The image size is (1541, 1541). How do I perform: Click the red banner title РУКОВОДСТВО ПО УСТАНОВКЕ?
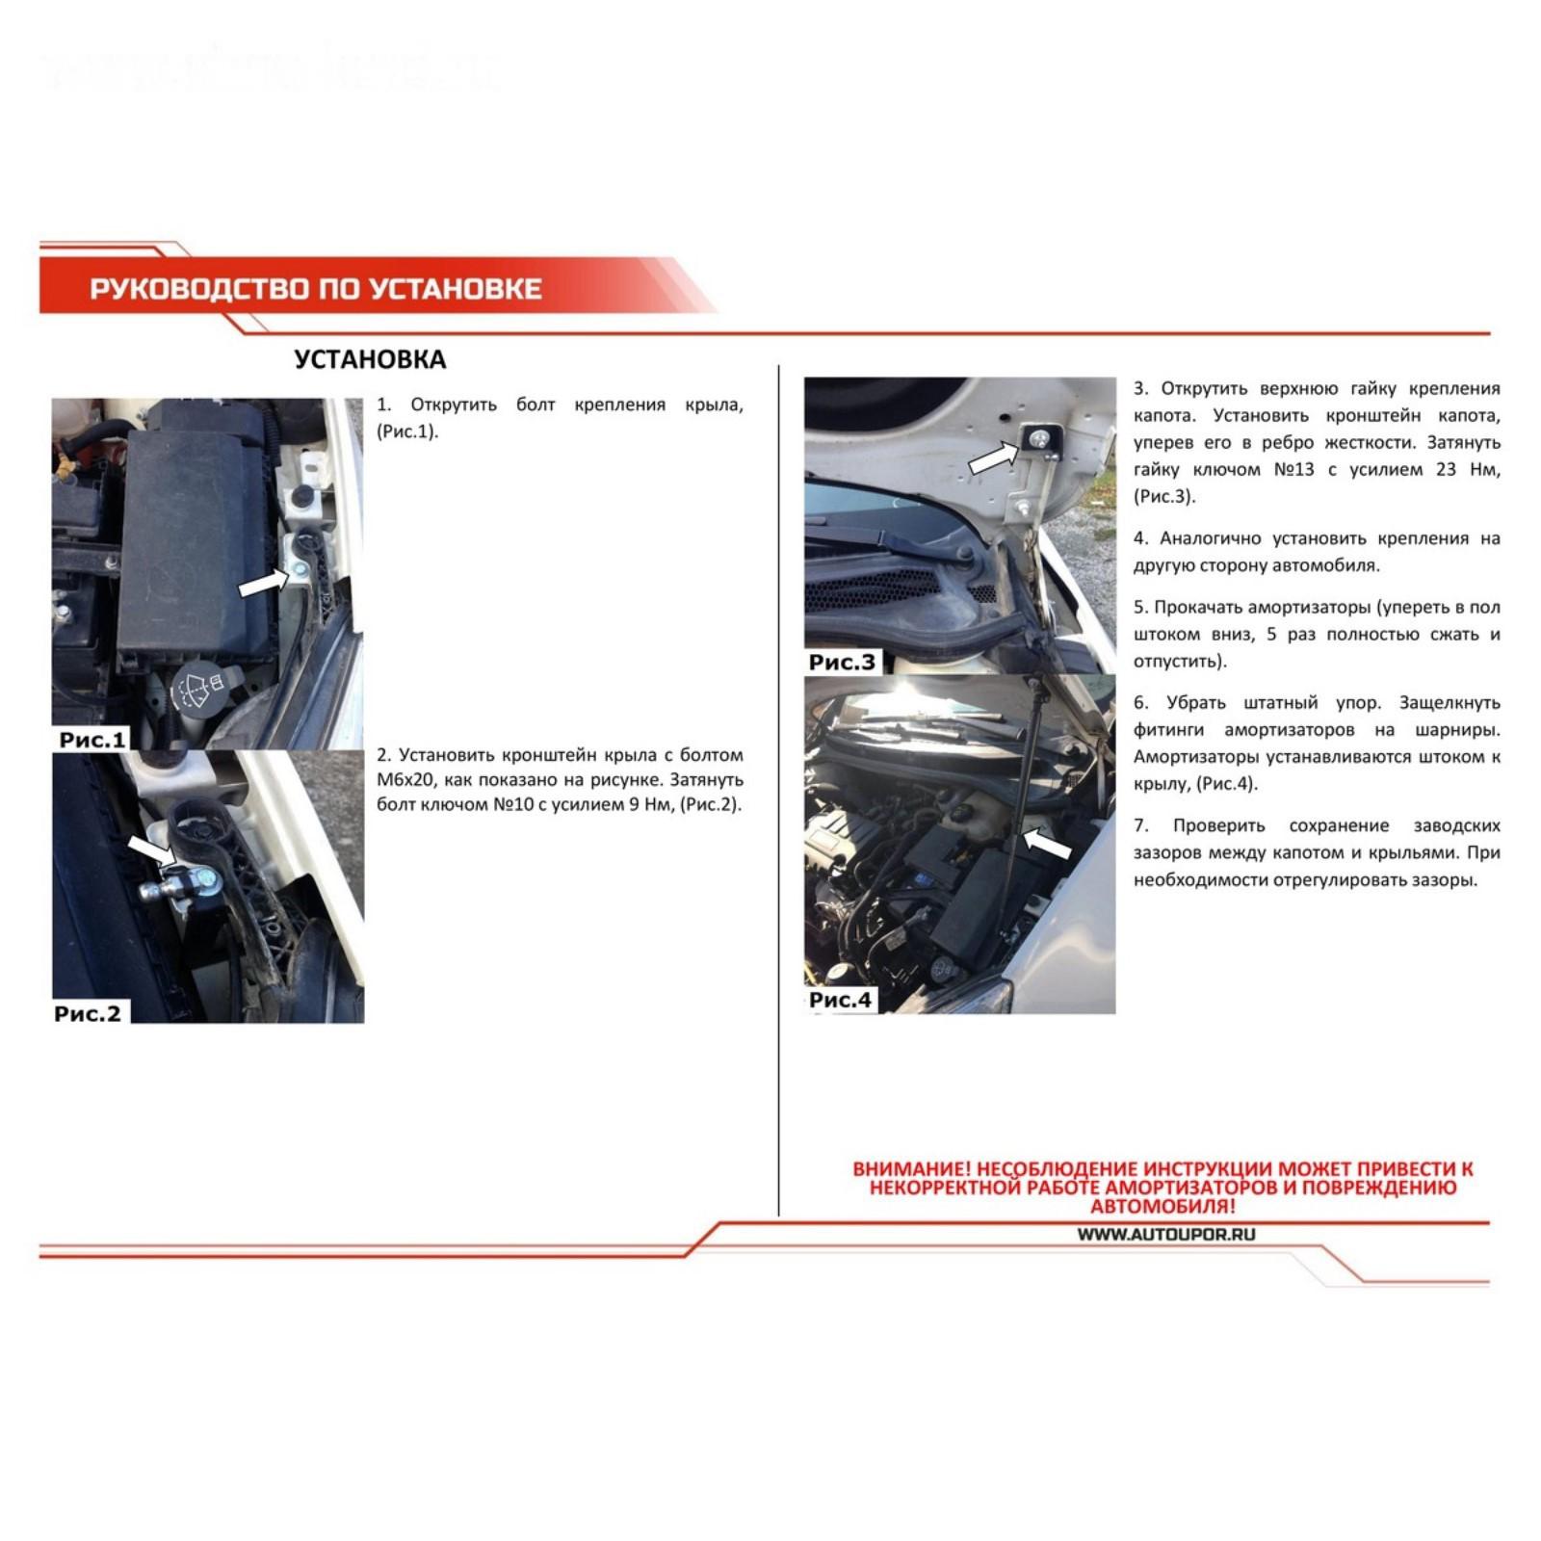tap(316, 288)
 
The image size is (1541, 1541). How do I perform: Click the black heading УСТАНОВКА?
tap(370, 359)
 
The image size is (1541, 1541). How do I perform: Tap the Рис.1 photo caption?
tap(92, 740)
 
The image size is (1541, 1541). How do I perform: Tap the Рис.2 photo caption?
tap(88, 1013)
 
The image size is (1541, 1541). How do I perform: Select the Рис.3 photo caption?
tap(843, 662)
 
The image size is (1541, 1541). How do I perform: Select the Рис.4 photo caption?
tap(841, 1000)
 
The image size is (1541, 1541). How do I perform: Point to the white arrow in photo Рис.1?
tap(262, 582)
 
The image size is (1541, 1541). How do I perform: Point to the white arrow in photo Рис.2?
tap(151, 849)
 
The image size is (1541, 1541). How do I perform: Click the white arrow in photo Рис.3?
tap(993, 457)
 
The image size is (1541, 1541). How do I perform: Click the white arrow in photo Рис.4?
tap(1047, 844)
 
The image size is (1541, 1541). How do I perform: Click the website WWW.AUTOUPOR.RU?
tap(1166, 1235)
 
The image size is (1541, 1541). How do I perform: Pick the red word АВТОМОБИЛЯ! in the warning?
tap(1163, 1206)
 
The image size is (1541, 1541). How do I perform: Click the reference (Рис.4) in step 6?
tap(1226, 784)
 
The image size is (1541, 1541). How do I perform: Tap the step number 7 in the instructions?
tap(1140, 826)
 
